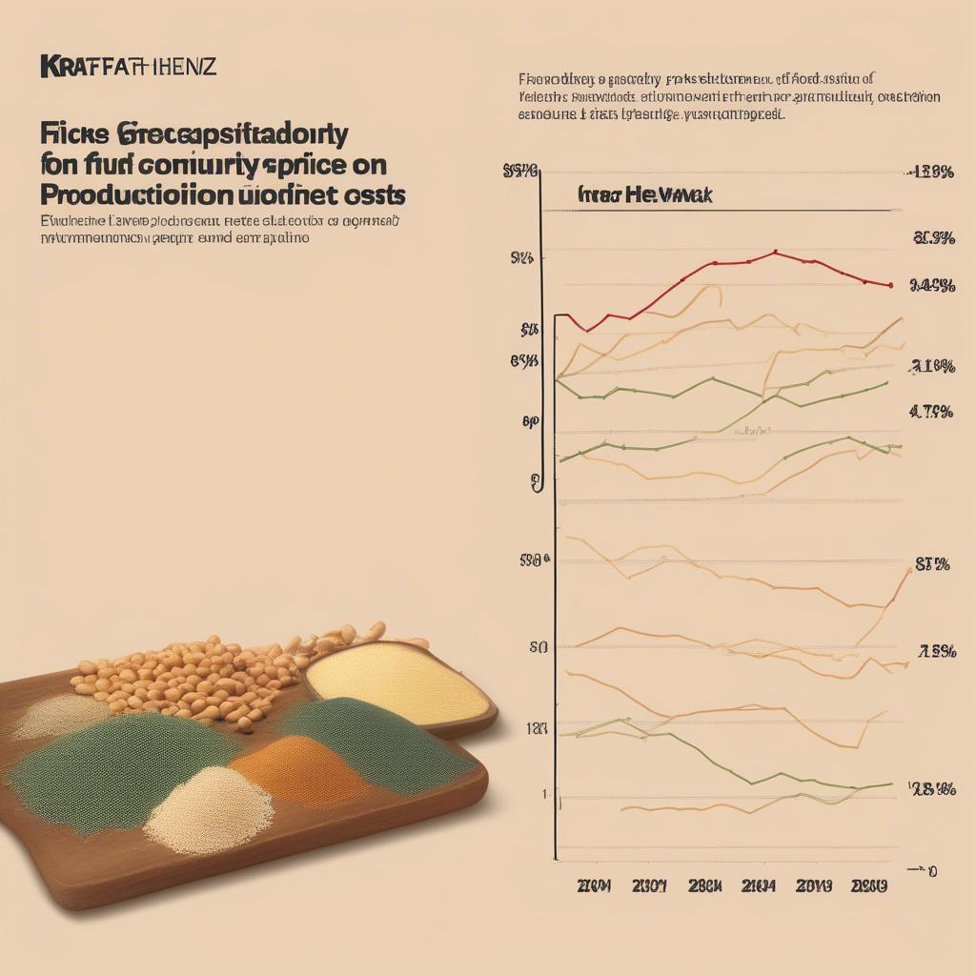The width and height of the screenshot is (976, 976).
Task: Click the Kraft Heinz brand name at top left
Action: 128,67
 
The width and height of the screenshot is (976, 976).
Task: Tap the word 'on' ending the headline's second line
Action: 368,164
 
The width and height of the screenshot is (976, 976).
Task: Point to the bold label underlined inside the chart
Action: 645,194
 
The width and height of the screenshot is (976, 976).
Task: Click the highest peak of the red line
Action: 775,253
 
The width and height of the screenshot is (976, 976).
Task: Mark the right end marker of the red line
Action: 889,285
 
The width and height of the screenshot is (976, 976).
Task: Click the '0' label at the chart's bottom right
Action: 931,870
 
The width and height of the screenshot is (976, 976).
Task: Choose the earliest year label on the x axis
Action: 594,886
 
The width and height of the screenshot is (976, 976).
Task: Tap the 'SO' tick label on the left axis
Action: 538,648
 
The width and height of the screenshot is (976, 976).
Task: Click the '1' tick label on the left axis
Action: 545,794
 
